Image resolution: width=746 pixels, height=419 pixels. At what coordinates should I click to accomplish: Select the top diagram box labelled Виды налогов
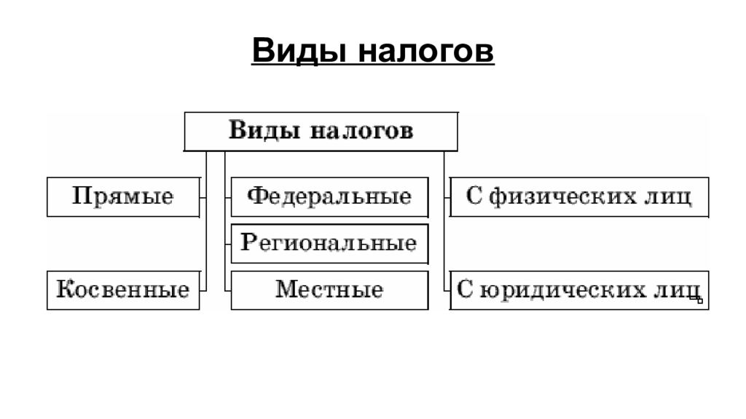point(321,132)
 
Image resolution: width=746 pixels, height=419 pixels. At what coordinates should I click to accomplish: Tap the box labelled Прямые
point(123,197)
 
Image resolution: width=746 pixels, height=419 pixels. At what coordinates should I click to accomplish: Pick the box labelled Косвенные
point(123,290)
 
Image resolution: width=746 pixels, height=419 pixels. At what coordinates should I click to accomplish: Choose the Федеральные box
point(329,197)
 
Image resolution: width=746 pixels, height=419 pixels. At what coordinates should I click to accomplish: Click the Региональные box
point(329,244)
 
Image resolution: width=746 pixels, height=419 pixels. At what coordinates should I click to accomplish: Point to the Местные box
point(329,290)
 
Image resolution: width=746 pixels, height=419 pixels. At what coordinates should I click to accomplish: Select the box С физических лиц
point(579,197)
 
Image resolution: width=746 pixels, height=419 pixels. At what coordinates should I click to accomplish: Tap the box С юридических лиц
point(579,290)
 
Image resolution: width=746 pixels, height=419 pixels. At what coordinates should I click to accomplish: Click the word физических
point(563,196)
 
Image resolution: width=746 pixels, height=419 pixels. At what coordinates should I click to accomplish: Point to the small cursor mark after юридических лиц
point(696,299)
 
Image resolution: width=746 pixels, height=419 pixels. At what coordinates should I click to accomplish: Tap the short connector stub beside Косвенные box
point(203,290)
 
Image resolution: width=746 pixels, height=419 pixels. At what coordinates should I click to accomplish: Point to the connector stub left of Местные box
point(228,290)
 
